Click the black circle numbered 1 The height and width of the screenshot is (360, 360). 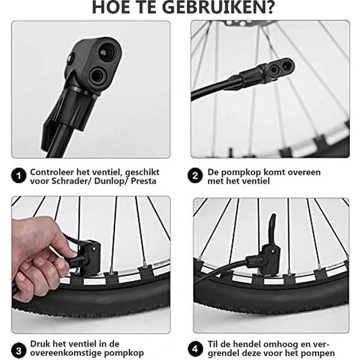pos(19,176)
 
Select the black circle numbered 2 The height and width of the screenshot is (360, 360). pos(195,176)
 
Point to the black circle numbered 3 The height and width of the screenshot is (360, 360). pos(19,351)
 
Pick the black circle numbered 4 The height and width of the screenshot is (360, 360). pos(195,349)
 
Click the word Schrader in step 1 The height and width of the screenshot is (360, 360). pos(70,181)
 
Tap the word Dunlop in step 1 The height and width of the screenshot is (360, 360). pos(110,182)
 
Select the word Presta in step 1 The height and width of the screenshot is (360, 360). pos(144,181)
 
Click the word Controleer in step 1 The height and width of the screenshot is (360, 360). pos(52,172)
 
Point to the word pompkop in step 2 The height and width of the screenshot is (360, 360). pos(241,172)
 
